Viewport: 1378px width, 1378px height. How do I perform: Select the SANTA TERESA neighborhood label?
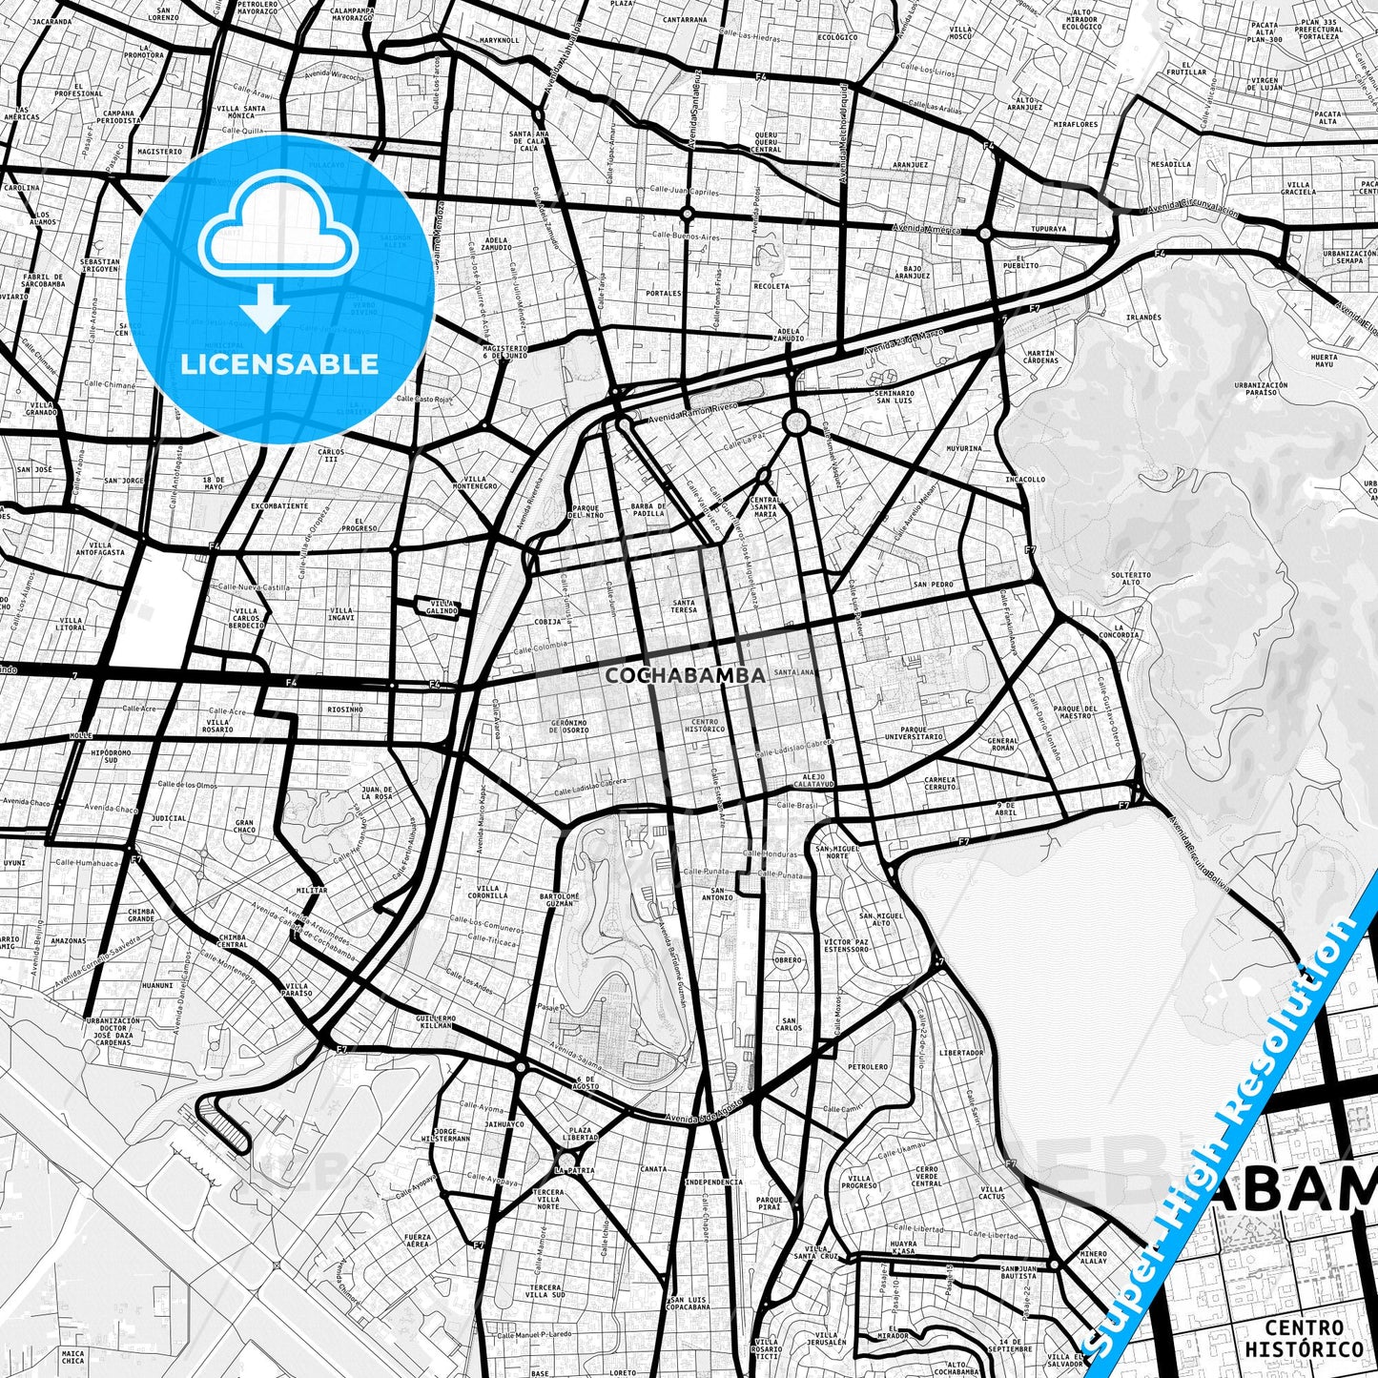pos(684,606)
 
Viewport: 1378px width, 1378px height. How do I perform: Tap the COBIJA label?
pos(547,621)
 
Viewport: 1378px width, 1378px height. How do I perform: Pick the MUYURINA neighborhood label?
pos(964,447)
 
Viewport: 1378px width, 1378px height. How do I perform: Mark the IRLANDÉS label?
pos(1143,317)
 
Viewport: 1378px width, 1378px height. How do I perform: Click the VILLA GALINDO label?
pos(443,607)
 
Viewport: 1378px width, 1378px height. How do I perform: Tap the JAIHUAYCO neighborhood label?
pos(505,1124)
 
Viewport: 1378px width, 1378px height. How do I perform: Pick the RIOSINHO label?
pos(344,710)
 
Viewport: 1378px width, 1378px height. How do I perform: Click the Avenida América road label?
pos(924,229)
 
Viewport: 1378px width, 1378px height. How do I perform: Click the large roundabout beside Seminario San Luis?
pos(796,422)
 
